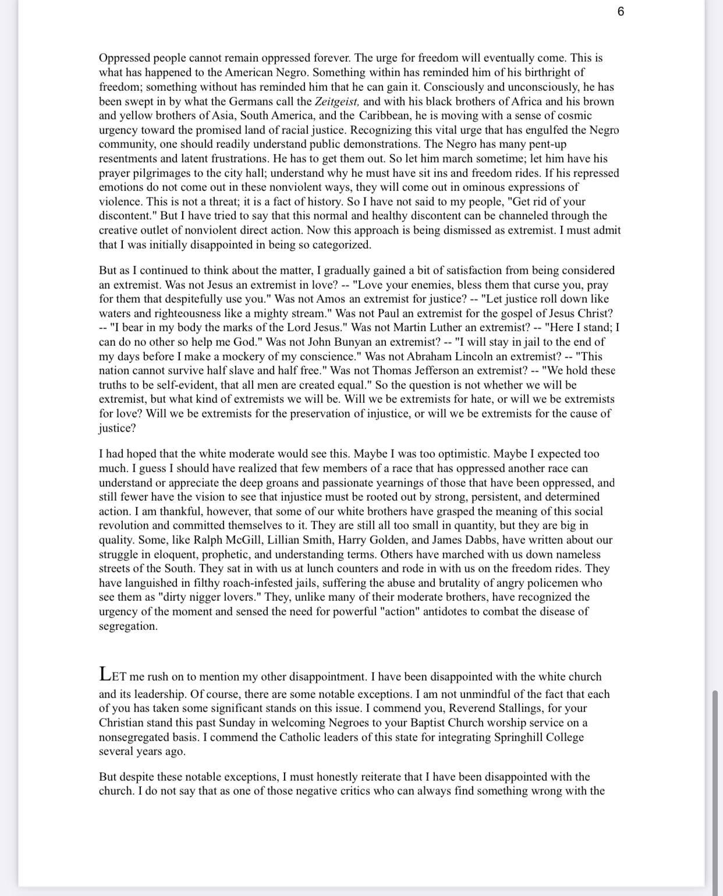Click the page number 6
pyautogui.click(x=621, y=12)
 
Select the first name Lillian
pyautogui.click(x=284, y=540)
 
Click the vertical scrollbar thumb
pyautogui.click(x=715, y=786)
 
